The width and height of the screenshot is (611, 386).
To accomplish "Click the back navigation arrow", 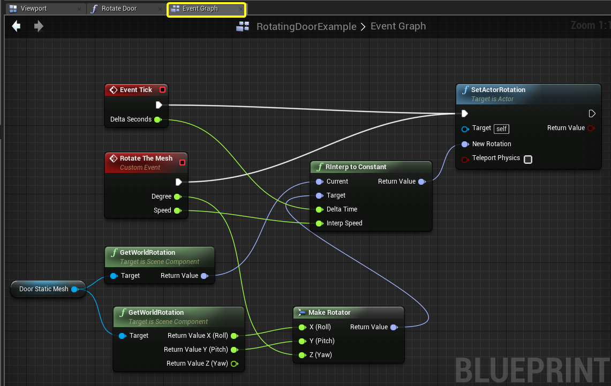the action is coord(17,26).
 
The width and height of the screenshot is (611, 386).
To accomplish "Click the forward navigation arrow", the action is coord(39,26).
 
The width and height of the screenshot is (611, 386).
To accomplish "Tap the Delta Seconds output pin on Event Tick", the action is coord(158,119).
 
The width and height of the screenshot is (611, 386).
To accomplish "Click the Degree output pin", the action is coord(178,196).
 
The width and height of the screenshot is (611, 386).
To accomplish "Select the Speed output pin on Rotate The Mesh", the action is coord(178,211).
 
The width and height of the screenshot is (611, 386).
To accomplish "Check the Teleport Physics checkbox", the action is coord(528,160).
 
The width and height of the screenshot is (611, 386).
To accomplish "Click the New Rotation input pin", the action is coord(465,144).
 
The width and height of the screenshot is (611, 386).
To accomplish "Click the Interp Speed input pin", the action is coord(320,223).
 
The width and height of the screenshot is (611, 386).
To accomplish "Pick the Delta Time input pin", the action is coord(320,209).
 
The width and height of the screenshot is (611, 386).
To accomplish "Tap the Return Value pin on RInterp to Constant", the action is coord(421,181).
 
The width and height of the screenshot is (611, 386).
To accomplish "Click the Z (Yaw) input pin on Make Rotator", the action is coord(302,355).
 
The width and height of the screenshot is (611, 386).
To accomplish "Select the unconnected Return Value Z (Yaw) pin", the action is coord(235,364).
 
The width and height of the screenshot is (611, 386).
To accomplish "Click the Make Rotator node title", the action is coord(329,312).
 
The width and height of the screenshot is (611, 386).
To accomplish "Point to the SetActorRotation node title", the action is coord(498,89).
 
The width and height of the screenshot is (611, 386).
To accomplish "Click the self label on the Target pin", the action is coord(502,128).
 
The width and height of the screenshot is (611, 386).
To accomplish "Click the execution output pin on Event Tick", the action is coord(159,105).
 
